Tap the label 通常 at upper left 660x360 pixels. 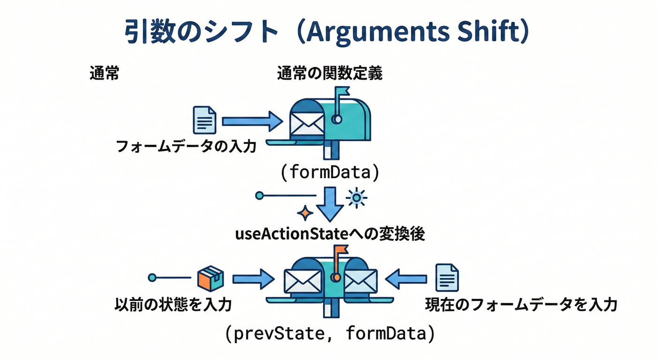click(104, 74)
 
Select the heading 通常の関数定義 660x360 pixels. click(330, 74)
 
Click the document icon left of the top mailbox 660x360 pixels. click(205, 120)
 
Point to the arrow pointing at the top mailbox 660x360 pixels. click(252, 121)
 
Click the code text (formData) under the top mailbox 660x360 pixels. click(330, 172)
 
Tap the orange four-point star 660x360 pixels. click(306, 214)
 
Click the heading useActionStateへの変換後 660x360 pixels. click(330, 234)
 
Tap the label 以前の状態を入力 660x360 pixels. click(173, 306)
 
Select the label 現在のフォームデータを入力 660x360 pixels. click(521, 306)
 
